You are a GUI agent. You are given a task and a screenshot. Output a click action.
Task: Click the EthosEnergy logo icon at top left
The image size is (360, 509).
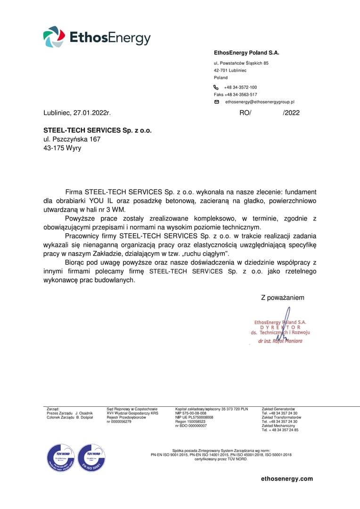pos(54,37)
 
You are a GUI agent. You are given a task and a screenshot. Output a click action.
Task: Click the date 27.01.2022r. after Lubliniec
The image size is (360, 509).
pos(92,113)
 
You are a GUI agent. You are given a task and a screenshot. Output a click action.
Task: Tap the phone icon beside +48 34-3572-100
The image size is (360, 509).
pos(216,87)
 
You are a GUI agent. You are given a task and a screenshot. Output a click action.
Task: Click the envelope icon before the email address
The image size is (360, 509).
pos(217,102)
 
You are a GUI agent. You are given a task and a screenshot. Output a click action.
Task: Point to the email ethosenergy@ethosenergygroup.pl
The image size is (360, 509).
pos(260,102)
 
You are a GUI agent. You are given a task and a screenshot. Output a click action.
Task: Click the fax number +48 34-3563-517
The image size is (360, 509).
pos(241,95)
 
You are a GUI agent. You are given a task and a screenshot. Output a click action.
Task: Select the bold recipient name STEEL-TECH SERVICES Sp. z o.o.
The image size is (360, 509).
pos(98,130)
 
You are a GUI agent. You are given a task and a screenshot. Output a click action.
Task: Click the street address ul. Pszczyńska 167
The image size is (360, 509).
pos(72,139)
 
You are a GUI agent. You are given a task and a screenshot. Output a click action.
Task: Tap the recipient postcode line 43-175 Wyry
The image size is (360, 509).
pos(62,148)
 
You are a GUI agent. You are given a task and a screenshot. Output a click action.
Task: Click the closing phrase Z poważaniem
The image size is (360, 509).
pos(283,298)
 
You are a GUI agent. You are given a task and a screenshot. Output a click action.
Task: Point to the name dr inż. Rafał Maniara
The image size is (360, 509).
pos(280,341)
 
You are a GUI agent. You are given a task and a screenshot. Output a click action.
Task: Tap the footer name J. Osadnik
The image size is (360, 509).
pos(84,413)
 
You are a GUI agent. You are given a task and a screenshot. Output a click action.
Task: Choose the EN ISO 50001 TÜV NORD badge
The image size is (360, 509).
pos(91,458)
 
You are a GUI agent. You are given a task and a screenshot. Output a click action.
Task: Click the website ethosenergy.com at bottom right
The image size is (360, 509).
pos(287,479)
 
